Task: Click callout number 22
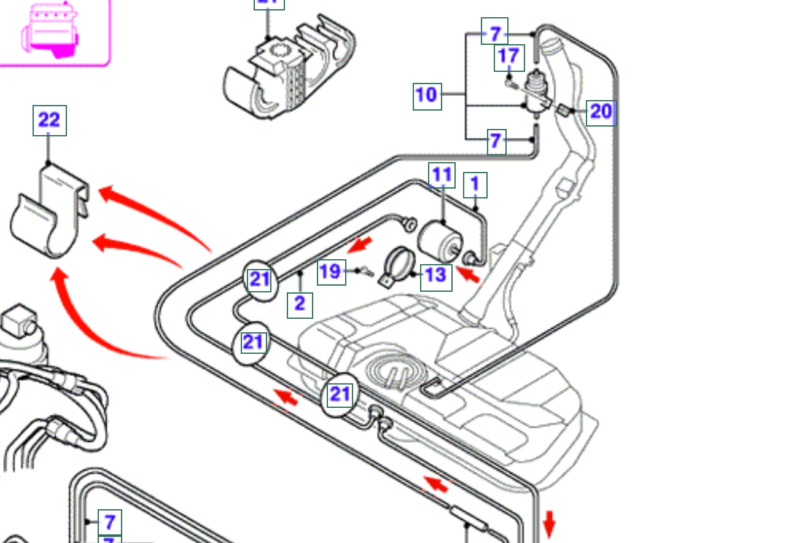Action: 49,120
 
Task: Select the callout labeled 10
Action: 427,95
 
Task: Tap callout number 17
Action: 508,57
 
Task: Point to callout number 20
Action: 600,112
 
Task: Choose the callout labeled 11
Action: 442,176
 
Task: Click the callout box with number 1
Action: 475,184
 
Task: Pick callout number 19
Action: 331,271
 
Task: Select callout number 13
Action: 435,275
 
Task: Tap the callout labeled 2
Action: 300,304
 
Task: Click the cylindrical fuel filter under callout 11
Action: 437,241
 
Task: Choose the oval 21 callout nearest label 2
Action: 260,280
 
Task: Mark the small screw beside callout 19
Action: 366,271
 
